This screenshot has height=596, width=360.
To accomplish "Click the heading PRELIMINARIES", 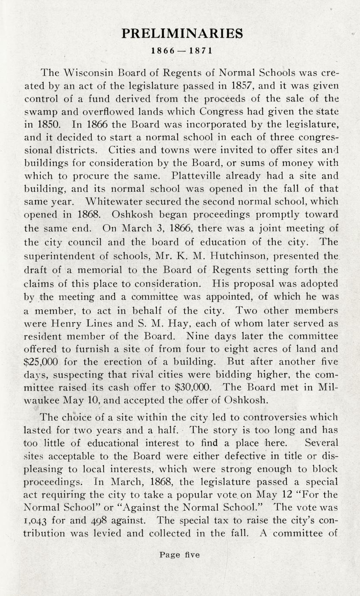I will (x=182, y=34).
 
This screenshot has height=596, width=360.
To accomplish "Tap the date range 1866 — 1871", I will (x=182, y=51).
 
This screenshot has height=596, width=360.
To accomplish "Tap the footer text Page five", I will (x=179, y=555).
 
